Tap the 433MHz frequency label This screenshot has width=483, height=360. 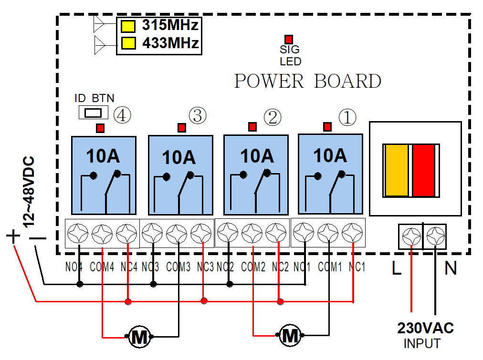[170, 43]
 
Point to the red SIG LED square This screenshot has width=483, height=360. [289, 40]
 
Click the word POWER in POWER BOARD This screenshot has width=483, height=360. [269, 82]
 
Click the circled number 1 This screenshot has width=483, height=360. [347, 117]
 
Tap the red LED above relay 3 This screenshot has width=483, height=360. [181, 128]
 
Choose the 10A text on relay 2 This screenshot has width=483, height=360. [256, 156]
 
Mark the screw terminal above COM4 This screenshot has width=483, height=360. [102, 233]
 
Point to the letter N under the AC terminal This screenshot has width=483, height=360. [451, 268]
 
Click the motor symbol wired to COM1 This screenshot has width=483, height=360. [290, 336]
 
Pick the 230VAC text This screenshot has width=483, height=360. [425, 328]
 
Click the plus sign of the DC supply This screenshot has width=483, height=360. [13, 236]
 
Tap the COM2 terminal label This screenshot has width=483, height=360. [253, 267]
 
